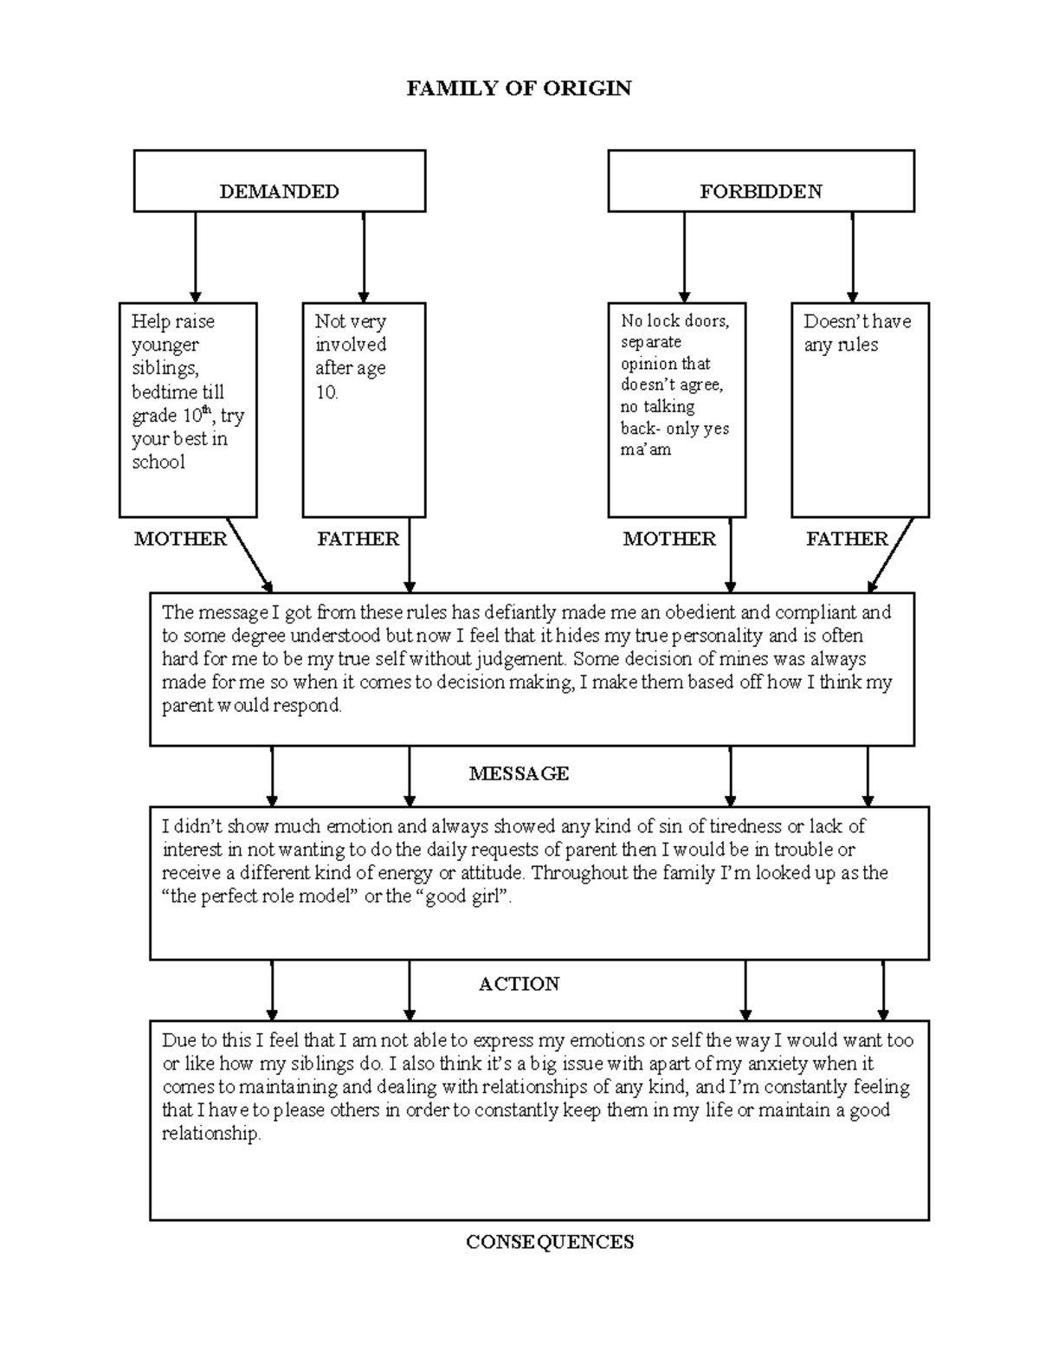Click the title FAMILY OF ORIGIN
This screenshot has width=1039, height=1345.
pos(519,88)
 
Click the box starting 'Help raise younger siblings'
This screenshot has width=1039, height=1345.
pos(188,410)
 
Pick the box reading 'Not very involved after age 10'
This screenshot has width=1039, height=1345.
pos(364,410)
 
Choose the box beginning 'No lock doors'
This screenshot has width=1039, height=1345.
pos(676,410)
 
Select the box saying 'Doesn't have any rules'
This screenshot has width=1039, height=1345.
pos(860,410)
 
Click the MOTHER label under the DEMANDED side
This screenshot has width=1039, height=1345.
pos(180,539)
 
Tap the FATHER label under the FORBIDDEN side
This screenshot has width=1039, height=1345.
pos(847,539)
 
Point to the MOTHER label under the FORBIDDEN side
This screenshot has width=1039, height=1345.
pos(669,539)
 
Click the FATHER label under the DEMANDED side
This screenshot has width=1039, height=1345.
pos(358,539)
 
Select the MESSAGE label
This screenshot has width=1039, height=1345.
pos(519,773)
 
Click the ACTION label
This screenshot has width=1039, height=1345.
pos(519,984)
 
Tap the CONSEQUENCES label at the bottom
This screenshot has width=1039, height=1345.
pos(550,1242)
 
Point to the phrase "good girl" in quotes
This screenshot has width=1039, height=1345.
pos(463,897)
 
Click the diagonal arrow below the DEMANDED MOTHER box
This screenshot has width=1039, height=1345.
pos(249,555)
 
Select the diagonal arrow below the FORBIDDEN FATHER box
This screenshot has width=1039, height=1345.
pos(891,555)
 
